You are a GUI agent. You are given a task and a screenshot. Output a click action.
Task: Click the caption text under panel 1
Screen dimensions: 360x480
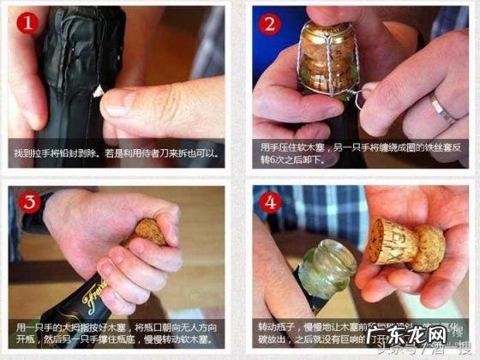(117, 153)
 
